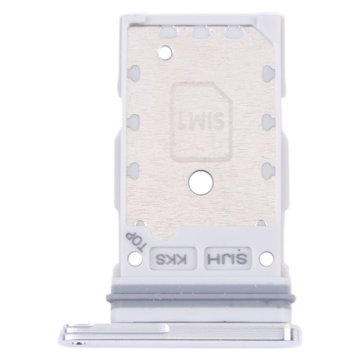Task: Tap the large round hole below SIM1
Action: pos(197,181)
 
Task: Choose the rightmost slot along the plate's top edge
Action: pos(231,32)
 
